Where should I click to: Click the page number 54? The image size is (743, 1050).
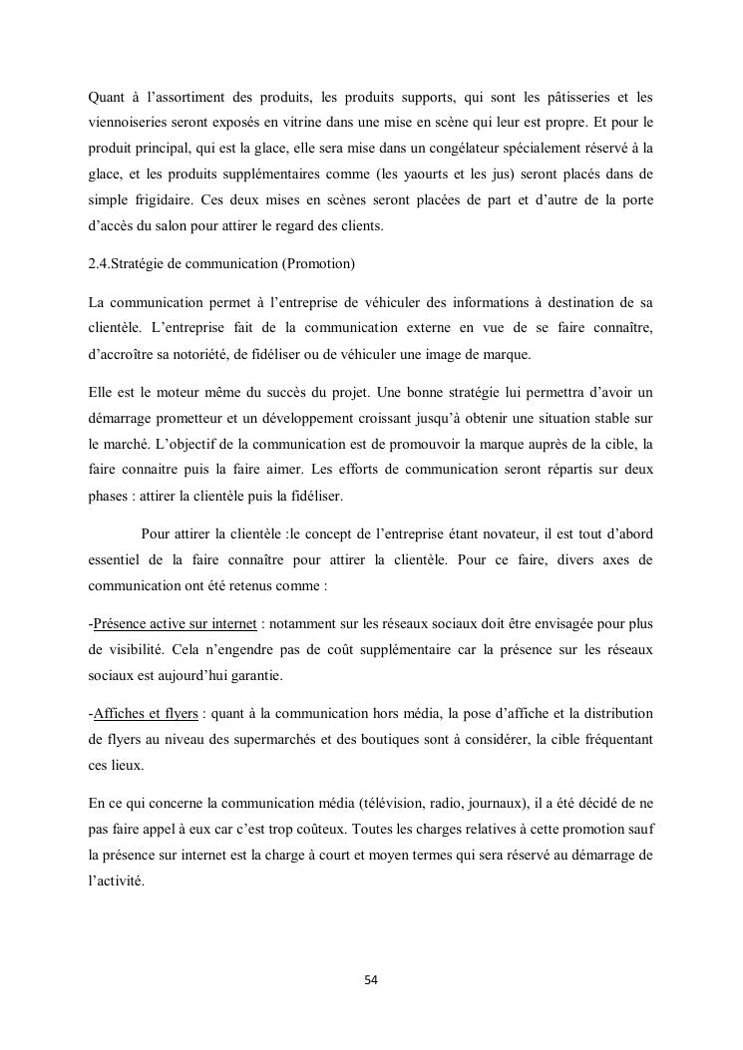pyautogui.click(x=371, y=980)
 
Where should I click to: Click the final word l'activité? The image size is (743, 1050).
pyautogui.click(x=117, y=879)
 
